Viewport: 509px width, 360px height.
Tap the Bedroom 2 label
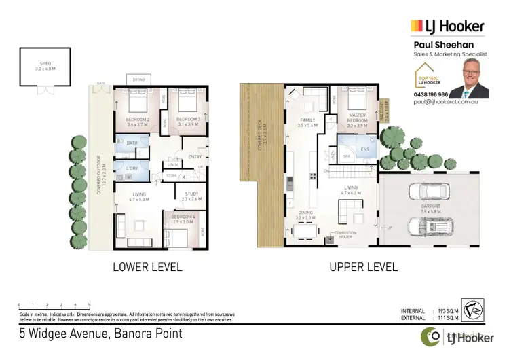point(138,122)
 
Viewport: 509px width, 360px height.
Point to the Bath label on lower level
point(132,143)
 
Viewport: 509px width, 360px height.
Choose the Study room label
point(191,196)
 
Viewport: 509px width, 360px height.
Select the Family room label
point(307,123)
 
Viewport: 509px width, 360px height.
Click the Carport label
point(430,209)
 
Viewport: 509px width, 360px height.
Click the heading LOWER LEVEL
point(147,267)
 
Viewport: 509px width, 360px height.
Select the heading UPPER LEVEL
point(363,267)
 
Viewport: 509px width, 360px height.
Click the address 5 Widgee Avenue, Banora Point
point(100,334)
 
